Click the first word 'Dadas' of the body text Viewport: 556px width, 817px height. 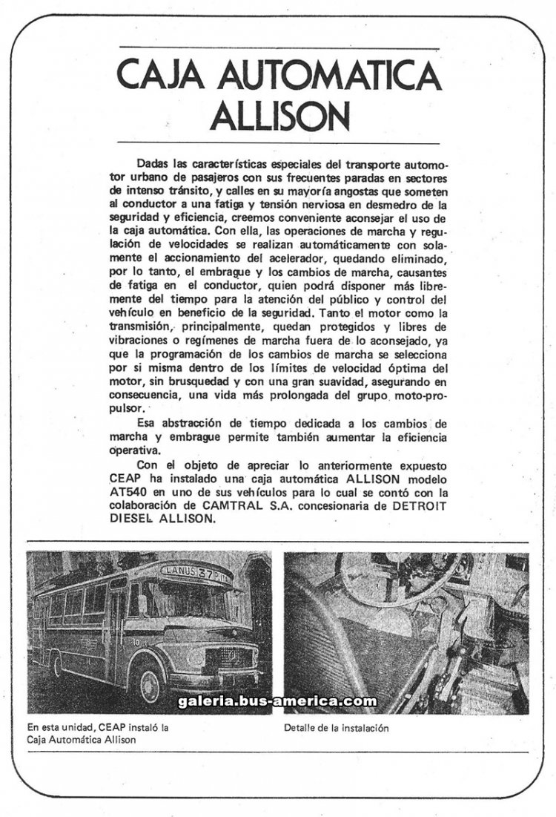152,163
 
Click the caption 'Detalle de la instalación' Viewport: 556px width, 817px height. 336,728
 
